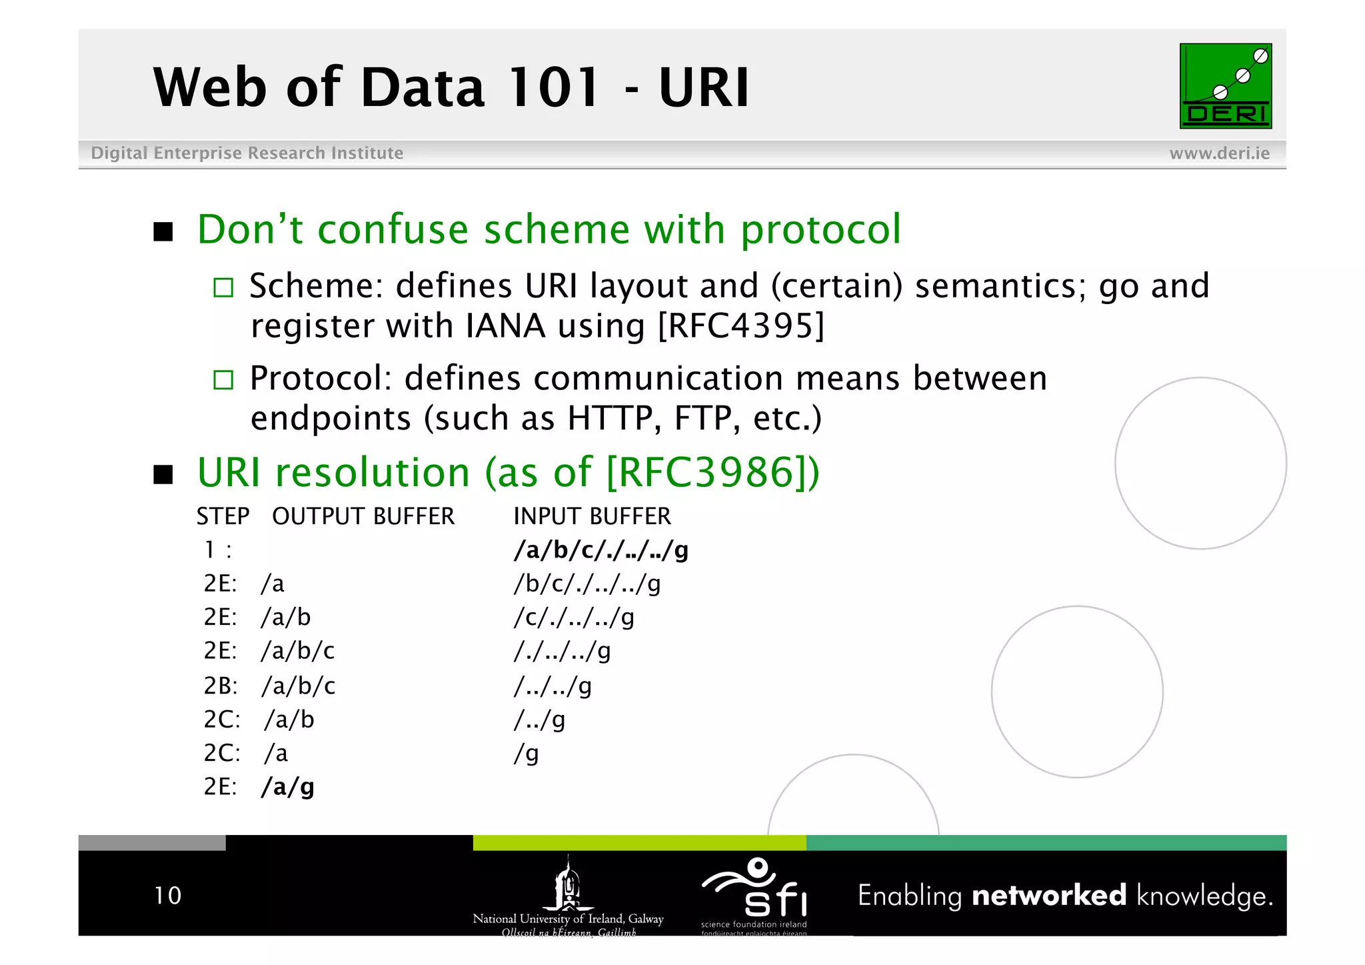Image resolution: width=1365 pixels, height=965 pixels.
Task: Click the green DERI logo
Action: point(1225,86)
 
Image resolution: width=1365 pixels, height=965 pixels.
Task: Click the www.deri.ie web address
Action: point(1219,153)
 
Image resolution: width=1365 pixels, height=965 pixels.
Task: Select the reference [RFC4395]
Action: point(740,326)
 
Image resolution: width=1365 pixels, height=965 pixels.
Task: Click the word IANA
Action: point(505,326)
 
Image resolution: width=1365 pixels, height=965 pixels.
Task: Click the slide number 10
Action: point(167,895)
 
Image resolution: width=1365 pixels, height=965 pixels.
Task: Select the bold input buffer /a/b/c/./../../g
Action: point(601,550)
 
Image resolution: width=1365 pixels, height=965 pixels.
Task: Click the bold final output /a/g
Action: point(288,787)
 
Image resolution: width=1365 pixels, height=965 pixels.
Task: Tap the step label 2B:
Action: point(221,686)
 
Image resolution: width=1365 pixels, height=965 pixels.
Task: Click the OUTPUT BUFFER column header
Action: point(363,516)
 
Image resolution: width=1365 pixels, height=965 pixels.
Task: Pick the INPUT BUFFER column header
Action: point(592,516)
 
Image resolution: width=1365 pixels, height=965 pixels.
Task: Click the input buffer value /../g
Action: point(539,720)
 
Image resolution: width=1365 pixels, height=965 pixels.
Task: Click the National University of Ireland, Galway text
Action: point(568,918)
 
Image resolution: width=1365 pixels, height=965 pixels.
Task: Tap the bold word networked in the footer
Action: point(1048,895)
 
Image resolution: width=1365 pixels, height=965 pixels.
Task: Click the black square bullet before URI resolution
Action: point(163,475)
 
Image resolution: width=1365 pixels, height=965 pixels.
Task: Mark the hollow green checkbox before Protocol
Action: point(223,380)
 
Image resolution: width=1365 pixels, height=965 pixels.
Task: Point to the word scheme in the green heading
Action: point(556,229)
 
